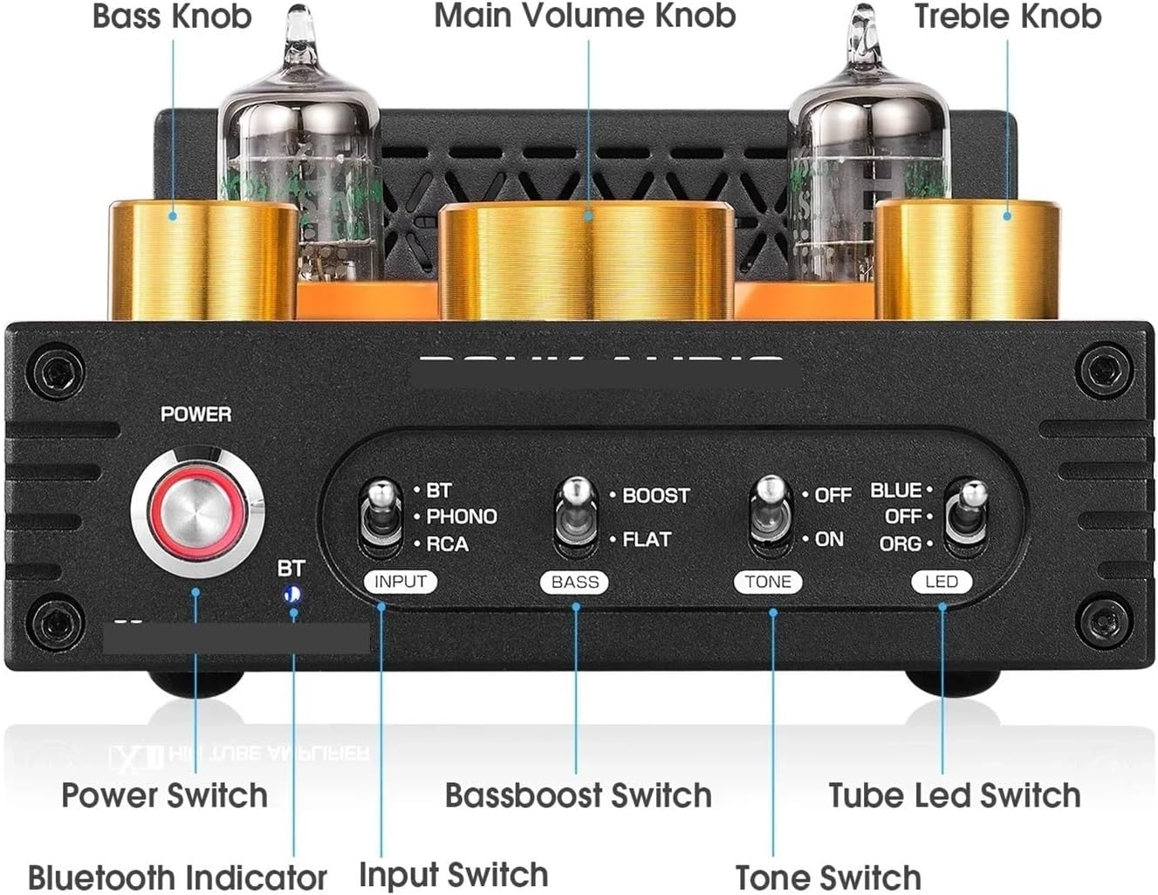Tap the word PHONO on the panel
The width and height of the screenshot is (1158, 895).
pyautogui.click(x=461, y=516)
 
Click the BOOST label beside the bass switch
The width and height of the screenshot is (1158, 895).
pyautogui.click(x=655, y=495)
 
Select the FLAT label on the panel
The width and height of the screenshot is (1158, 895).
pyautogui.click(x=647, y=540)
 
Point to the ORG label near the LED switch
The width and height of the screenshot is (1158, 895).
pyautogui.click(x=900, y=543)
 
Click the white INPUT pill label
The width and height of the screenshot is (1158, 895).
pyautogui.click(x=401, y=582)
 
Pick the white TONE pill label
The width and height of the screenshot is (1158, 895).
pyautogui.click(x=768, y=582)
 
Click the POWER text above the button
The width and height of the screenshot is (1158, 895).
pyautogui.click(x=196, y=413)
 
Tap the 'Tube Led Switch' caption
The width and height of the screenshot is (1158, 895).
pyautogui.click(x=954, y=796)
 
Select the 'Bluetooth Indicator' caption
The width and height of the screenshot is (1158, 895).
pyautogui.click(x=177, y=877)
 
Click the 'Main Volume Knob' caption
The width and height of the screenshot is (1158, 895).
pyautogui.click(x=585, y=16)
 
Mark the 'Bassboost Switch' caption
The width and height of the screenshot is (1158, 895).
pyautogui.click(x=578, y=796)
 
